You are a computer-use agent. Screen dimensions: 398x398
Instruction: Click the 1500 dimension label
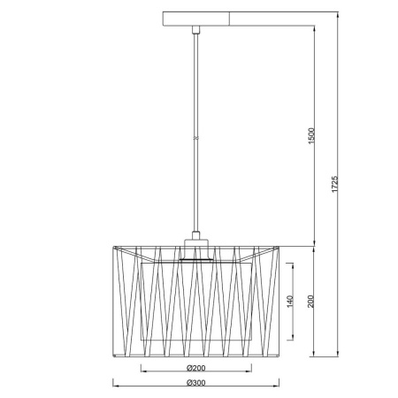311,136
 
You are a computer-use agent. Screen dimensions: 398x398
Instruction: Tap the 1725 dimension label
334,184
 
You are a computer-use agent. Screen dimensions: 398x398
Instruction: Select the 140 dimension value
290,302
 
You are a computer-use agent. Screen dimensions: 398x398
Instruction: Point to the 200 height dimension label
310,302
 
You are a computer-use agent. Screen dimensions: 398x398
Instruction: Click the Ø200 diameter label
196,368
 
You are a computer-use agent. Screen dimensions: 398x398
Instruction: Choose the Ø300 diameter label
196,383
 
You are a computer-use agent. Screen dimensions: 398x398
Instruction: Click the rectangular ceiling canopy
196,19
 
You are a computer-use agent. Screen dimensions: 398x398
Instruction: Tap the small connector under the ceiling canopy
196,30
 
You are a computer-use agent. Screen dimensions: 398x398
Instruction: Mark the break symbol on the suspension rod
196,138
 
